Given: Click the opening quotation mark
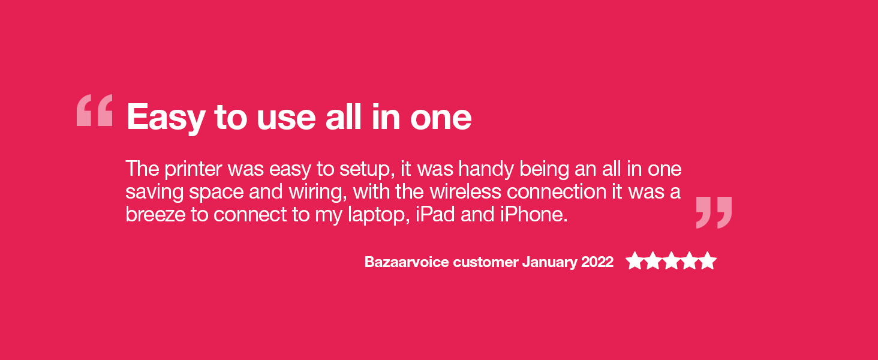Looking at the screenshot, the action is point(95,110).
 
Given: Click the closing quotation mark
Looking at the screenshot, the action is point(714,212).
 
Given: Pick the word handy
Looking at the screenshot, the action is point(486,169).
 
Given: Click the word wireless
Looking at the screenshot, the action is point(465,192).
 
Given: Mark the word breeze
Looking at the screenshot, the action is point(155,215).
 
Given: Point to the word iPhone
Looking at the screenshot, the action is point(534,215).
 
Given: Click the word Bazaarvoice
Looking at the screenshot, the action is point(407,262).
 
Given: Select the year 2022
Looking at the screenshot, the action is point(597,262).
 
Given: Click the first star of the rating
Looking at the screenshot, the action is point(634,261).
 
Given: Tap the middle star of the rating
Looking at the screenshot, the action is point(671,261).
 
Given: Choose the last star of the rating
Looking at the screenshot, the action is point(708,261).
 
